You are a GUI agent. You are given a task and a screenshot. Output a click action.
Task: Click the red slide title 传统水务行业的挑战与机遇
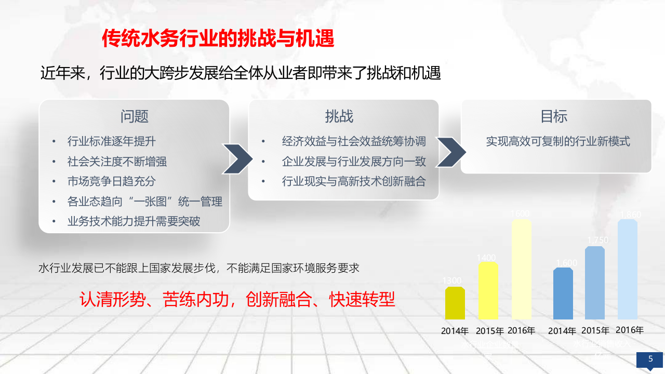coord(218,38)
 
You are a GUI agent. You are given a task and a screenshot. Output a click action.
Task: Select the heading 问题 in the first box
coord(135,116)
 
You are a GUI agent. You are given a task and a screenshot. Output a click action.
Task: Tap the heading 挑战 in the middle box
coord(339,116)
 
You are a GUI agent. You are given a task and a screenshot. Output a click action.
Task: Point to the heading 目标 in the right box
coord(554,116)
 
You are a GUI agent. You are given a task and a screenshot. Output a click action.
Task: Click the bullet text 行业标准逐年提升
coord(111,141)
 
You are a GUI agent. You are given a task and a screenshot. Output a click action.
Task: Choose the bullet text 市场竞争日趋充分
coord(111,182)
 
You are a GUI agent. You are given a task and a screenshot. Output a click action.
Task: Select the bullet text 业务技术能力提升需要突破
coord(134,222)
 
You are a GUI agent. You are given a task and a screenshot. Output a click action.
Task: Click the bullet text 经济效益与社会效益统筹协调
coord(354,141)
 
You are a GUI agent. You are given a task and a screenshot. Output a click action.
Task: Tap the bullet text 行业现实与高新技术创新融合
coord(354,182)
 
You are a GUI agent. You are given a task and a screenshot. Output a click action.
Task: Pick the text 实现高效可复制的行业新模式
coord(558,141)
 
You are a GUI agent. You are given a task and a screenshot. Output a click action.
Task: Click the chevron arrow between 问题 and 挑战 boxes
coord(237,158)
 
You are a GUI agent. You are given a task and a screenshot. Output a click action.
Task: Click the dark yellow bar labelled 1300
coord(455,303)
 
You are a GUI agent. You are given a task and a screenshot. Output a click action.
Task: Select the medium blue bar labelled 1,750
coord(595,283)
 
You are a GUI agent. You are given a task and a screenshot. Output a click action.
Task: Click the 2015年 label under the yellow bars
coord(489,331)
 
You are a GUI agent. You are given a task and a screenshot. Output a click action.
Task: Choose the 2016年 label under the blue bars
coord(629,330)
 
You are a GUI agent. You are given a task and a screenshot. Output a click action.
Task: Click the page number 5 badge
coord(650,359)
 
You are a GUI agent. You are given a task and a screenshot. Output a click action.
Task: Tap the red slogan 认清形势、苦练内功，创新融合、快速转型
coord(237,300)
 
